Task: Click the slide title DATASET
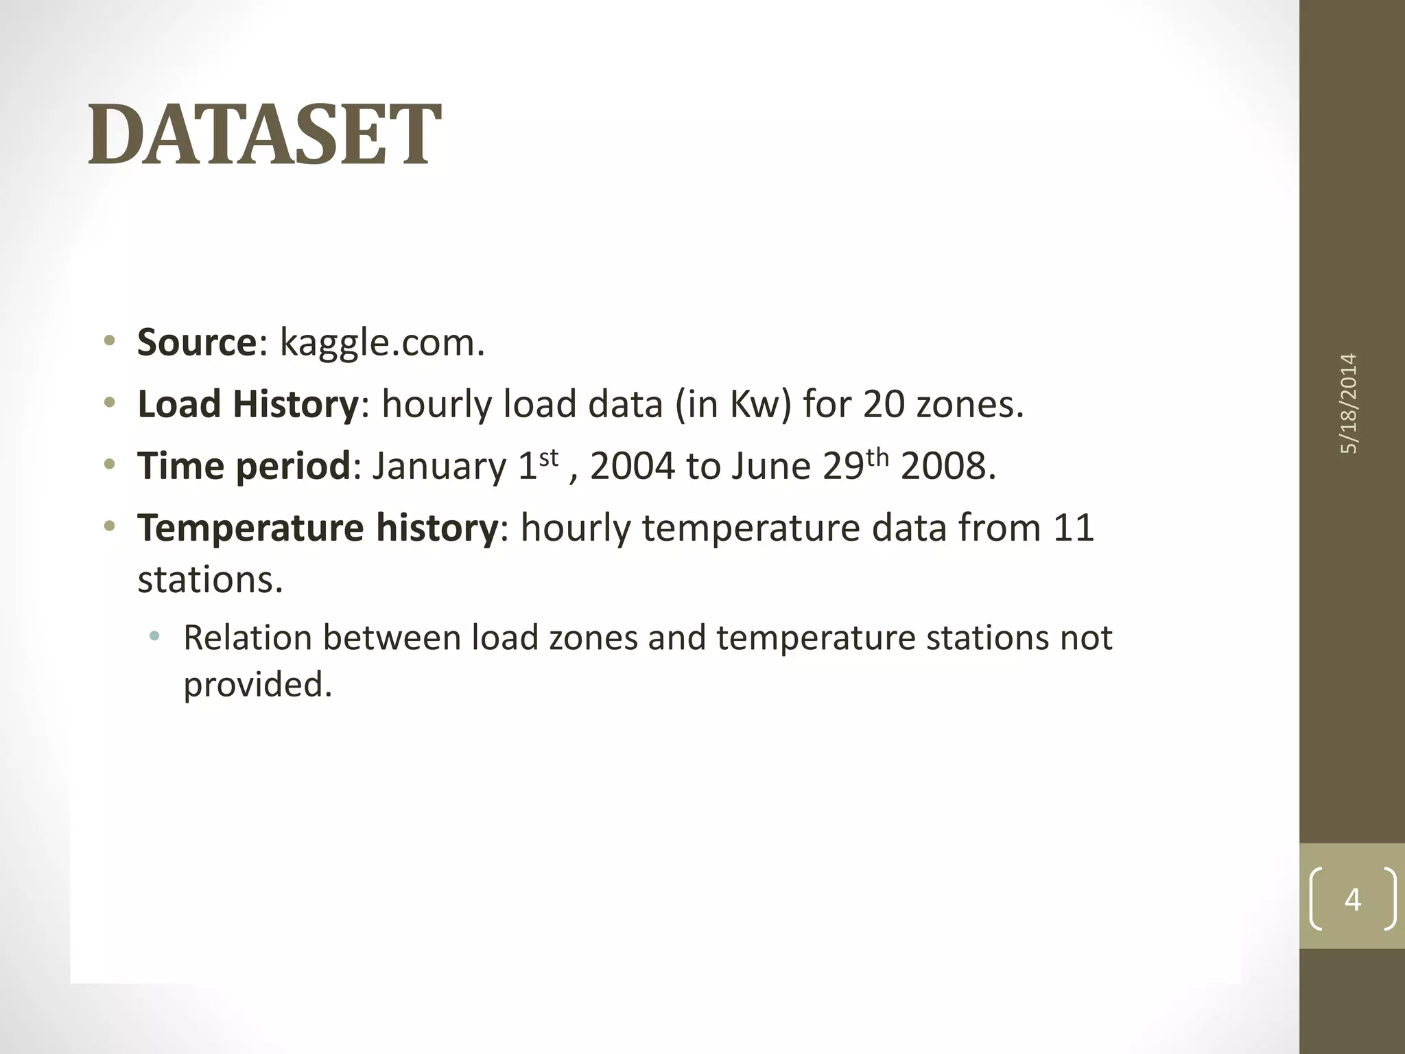[x=265, y=134]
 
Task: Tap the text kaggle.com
[x=382, y=343]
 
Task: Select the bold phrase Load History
[x=248, y=403]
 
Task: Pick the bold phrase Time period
[x=244, y=466]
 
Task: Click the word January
[x=439, y=467]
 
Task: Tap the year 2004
[x=632, y=467]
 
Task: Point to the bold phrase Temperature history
[x=317, y=528]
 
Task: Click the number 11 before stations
[x=1073, y=528]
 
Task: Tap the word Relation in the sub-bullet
[x=247, y=637]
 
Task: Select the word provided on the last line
[x=257, y=684]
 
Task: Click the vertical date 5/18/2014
[x=1349, y=403]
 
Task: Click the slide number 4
[x=1352, y=899]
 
